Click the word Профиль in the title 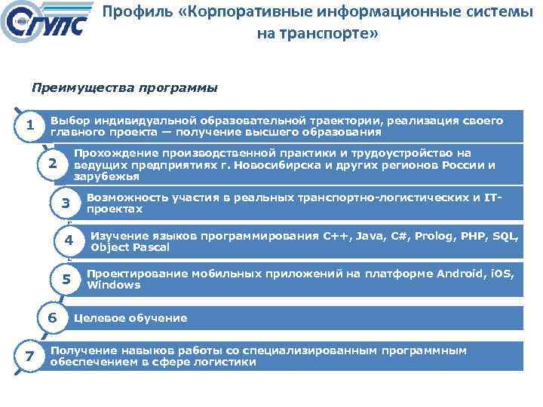[x=129, y=12]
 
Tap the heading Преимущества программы [x=124, y=87]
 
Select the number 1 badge [x=29, y=126]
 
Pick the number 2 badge [x=52, y=164]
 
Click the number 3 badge [x=66, y=203]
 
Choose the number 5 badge [x=66, y=280]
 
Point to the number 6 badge [x=52, y=318]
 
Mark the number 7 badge [x=29, y=356]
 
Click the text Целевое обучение [x=130, y=318]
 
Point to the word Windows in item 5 [x=113, y=286]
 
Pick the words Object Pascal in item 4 [x=130, y=247]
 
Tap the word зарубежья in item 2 [x=106, y=176]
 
